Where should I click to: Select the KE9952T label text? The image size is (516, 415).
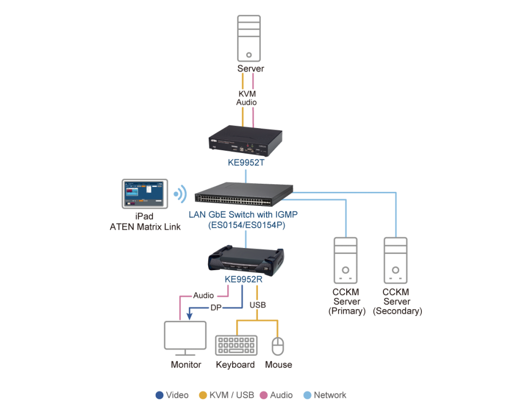click(x=246, y=162)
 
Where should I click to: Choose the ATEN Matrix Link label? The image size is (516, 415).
click(x=145, y=227)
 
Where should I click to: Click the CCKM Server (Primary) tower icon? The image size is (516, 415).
click(x=346, y=260)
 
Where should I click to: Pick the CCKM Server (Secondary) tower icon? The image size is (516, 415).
click(x=396, y=260)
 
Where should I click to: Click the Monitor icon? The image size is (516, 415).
click(x=185, y=338)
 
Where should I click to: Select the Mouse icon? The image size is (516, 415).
click(x=278, y=346)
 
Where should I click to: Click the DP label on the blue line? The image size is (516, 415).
click(x=216, y=309)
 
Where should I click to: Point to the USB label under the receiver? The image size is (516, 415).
click(x=257, y=304)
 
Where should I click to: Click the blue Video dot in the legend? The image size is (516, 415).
click(x=159, y=395)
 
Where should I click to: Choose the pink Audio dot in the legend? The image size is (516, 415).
click(x=264, y=395)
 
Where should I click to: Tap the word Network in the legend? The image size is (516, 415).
click(x=330, y=395)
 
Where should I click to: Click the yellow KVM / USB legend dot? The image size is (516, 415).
click(x=203, y=395)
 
